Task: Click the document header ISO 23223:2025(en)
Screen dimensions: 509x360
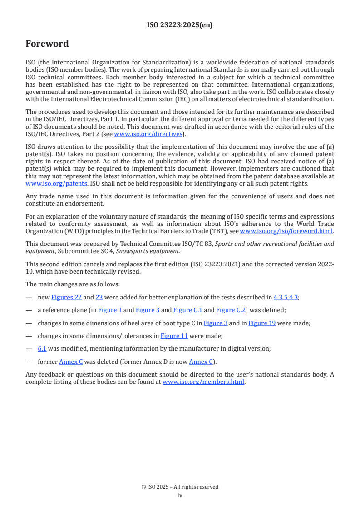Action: (180, 25)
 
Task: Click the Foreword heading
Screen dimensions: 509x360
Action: (47, 44)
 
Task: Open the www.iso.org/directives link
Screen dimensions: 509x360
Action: (148, 134)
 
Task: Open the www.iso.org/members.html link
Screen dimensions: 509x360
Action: (203, 382)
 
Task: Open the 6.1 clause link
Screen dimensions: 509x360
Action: (42, 349)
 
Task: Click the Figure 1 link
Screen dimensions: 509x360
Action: (109, 310)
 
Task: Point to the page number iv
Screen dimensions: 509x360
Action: (180, 495)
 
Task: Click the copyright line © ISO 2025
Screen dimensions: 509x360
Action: (180, 487)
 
